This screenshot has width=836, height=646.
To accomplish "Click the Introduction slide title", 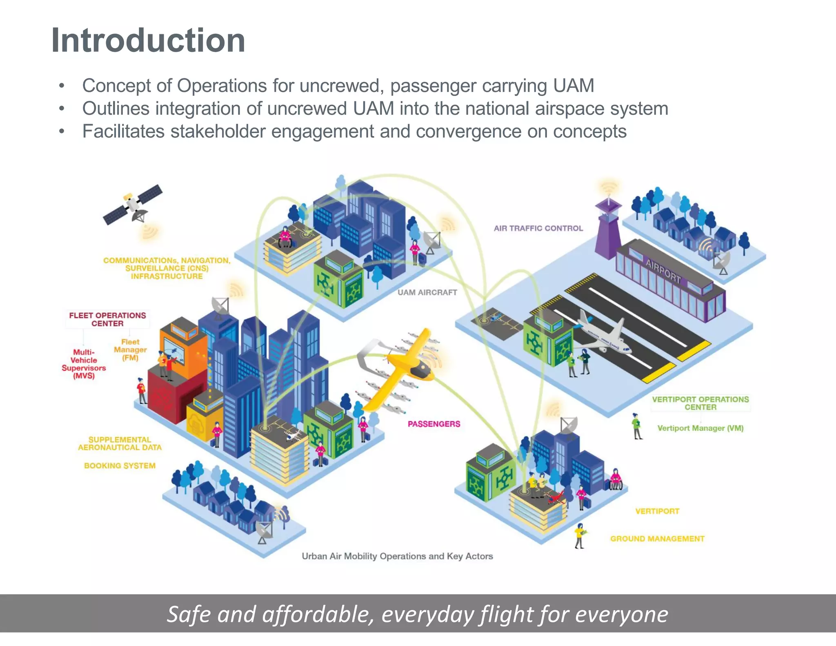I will coord(148,40).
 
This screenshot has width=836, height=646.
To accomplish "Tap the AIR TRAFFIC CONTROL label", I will coord(538,228).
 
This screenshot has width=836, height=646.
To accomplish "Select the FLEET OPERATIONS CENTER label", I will coord(107,319).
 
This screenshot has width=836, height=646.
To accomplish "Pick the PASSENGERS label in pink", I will coord(434,424).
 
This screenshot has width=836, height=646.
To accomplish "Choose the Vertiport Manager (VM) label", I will coord(700,428).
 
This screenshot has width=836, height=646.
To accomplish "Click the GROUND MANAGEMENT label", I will coord(657,539).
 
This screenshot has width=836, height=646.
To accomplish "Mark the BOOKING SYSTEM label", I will coord(120,466).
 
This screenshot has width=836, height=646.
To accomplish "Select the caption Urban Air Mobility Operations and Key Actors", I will coord(397,556).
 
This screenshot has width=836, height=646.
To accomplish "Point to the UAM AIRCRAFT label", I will coord(427,292).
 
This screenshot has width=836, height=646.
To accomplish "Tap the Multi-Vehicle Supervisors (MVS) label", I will coord(84,364).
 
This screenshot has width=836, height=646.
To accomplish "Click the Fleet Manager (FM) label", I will coord(130,350).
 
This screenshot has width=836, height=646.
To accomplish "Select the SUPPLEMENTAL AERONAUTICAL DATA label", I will coord(120,443).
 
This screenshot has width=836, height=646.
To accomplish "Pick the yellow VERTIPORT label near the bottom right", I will coord(657,511).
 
